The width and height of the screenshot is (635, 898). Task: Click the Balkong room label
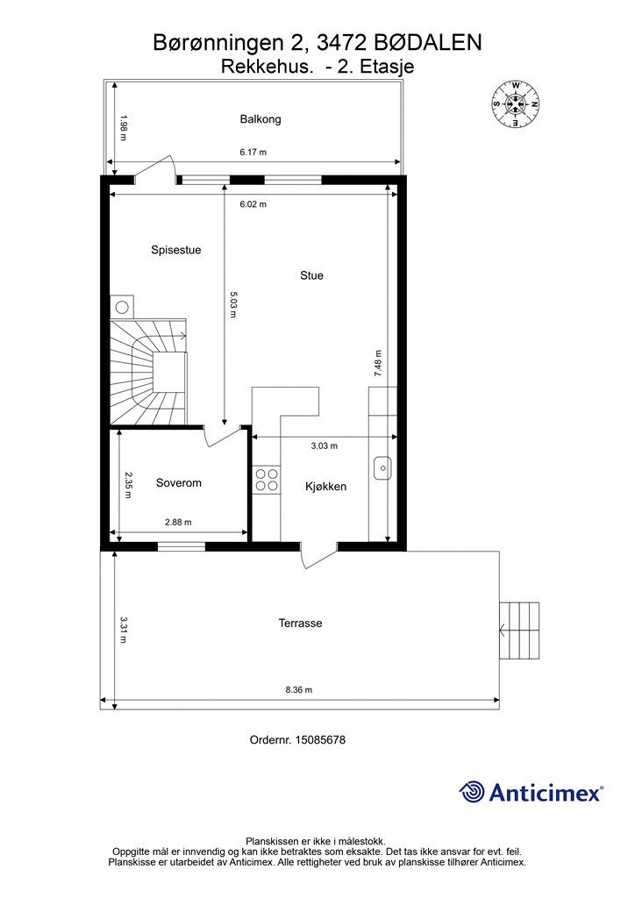pos(260,119)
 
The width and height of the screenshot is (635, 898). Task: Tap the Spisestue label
pos(175,250)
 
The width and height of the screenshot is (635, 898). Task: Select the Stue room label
pos(311,275)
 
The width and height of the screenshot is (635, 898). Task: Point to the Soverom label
pos(179,483)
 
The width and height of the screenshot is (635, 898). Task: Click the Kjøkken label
pos(325,487)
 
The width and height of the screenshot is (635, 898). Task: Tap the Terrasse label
pos(300,624)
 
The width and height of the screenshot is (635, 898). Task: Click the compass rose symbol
pos(516,103)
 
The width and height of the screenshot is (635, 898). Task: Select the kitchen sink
pos(382,467)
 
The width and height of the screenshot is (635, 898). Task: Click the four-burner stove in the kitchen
pos(267,480)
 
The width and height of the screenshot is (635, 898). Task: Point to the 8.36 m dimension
pos(299,690)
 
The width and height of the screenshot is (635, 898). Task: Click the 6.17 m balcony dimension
pos(253,153)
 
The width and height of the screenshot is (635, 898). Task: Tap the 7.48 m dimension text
pos(378,363)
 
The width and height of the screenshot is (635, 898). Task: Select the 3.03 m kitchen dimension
pos(325,445)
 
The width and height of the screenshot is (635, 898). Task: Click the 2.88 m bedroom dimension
pos(178,523)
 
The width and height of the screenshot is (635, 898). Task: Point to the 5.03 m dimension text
pos(233,304)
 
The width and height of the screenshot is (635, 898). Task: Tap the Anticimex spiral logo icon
pos(472,792)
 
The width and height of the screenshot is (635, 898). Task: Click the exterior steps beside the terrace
pos(519,631)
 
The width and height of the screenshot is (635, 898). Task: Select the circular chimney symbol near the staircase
pos(121,308)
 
